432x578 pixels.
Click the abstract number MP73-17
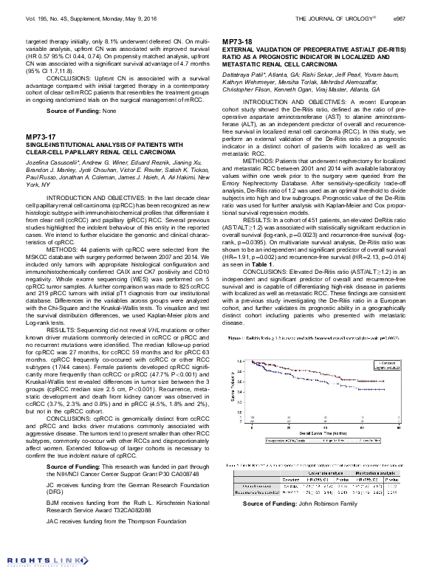click(x=41, y=137)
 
